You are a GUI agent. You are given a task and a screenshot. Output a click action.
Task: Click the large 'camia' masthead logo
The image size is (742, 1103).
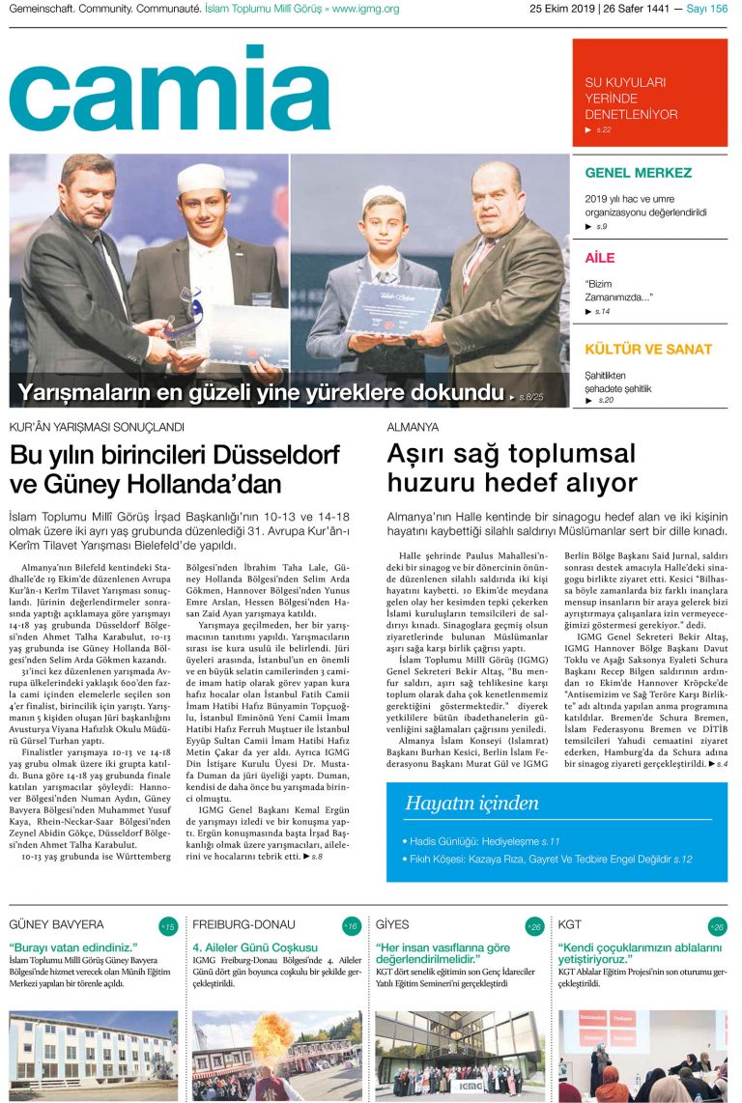point(170,89)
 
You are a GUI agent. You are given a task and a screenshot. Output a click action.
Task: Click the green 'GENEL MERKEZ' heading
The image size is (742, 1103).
point(639,174)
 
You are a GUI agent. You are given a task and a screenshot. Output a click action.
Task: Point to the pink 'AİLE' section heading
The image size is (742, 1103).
point(600,258)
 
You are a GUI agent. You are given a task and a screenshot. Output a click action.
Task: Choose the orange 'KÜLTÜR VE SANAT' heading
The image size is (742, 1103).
point(648,350)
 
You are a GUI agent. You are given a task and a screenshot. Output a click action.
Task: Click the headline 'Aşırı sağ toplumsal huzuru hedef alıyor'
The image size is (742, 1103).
point(512,467)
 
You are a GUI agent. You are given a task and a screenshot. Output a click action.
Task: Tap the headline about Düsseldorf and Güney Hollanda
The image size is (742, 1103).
point(175,468)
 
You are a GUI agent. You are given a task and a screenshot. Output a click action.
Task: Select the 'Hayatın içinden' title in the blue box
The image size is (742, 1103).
point(471,803)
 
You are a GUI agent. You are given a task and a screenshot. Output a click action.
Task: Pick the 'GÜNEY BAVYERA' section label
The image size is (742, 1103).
point(56,925)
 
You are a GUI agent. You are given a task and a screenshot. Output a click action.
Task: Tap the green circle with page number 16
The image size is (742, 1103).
point(352,926)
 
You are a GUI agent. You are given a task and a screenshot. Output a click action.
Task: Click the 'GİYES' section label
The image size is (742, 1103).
point(392,925)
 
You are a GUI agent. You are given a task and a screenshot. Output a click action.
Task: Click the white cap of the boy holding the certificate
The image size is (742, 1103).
point(383,197)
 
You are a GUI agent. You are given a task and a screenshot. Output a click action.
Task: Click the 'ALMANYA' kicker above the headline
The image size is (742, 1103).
point(413,426)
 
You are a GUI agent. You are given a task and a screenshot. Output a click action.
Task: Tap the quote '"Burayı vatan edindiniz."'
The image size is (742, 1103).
point(73,947)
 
